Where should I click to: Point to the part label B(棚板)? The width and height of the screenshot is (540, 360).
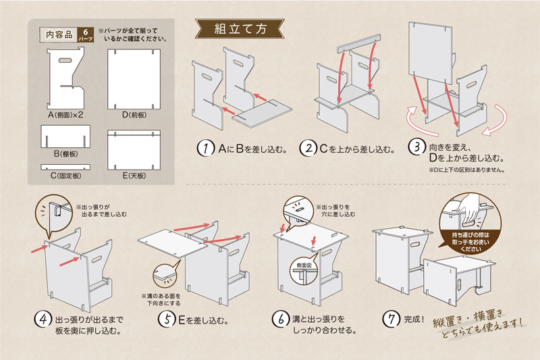(x=65, y=154)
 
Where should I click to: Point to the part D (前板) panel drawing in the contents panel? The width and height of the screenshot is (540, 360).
(x=135, y=77)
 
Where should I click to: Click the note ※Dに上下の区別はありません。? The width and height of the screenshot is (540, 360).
(x=466, y=170)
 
